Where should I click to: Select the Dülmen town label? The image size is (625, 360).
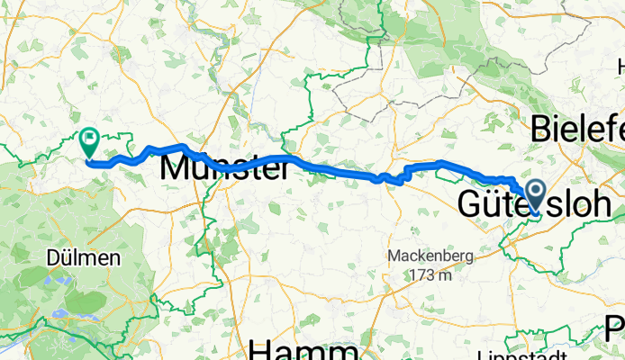[84, 258]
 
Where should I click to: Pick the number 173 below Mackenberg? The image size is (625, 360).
[419, 274]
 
